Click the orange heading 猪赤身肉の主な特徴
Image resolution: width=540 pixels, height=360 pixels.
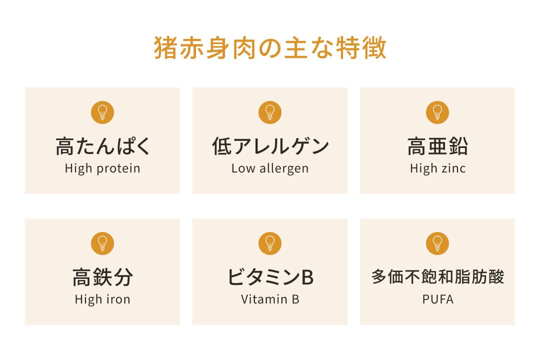point(270,47)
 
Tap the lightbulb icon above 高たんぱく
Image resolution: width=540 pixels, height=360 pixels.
point(102,112)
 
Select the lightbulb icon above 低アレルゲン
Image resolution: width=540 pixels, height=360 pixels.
point(270,112)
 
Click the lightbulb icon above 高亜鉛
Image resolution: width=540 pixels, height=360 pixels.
point(437,112)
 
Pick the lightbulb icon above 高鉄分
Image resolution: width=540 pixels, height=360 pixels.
point(102,243)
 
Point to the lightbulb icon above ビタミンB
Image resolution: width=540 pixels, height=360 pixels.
point(270,243)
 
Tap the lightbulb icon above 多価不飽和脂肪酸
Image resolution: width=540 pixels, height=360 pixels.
point(437,243)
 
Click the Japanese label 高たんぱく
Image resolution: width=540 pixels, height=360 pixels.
point(102,146)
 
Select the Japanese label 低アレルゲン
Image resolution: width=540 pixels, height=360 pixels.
point(270,146)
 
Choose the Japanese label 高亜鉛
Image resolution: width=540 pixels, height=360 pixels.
point(437,146)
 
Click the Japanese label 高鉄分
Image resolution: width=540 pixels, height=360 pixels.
point(102,277)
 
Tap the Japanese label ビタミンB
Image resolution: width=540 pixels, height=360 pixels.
point(270,277)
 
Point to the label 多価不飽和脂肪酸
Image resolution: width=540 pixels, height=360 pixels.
point(437,276)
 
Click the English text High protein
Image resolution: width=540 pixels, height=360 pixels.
point(102,169)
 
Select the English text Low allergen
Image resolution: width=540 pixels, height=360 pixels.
point(270,169)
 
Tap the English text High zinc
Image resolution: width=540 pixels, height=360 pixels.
point(437,169)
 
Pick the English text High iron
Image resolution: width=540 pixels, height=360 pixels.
point(102,299)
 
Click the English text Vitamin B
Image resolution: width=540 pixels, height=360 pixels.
point(270,299)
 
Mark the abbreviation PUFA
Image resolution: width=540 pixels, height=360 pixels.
point(437,299)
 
